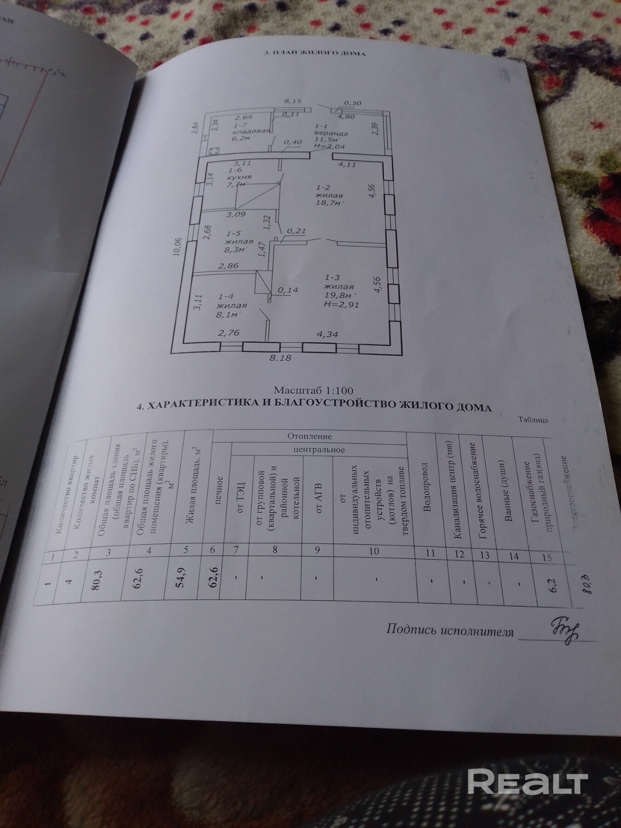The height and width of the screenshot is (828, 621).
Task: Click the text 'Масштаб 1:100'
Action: pyautogui.click(x=313, y=391)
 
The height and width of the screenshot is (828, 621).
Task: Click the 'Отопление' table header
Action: pyautogui.click(x=310, y=436)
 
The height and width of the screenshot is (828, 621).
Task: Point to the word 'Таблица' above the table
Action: pyautogui.click(x=533, y=420)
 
